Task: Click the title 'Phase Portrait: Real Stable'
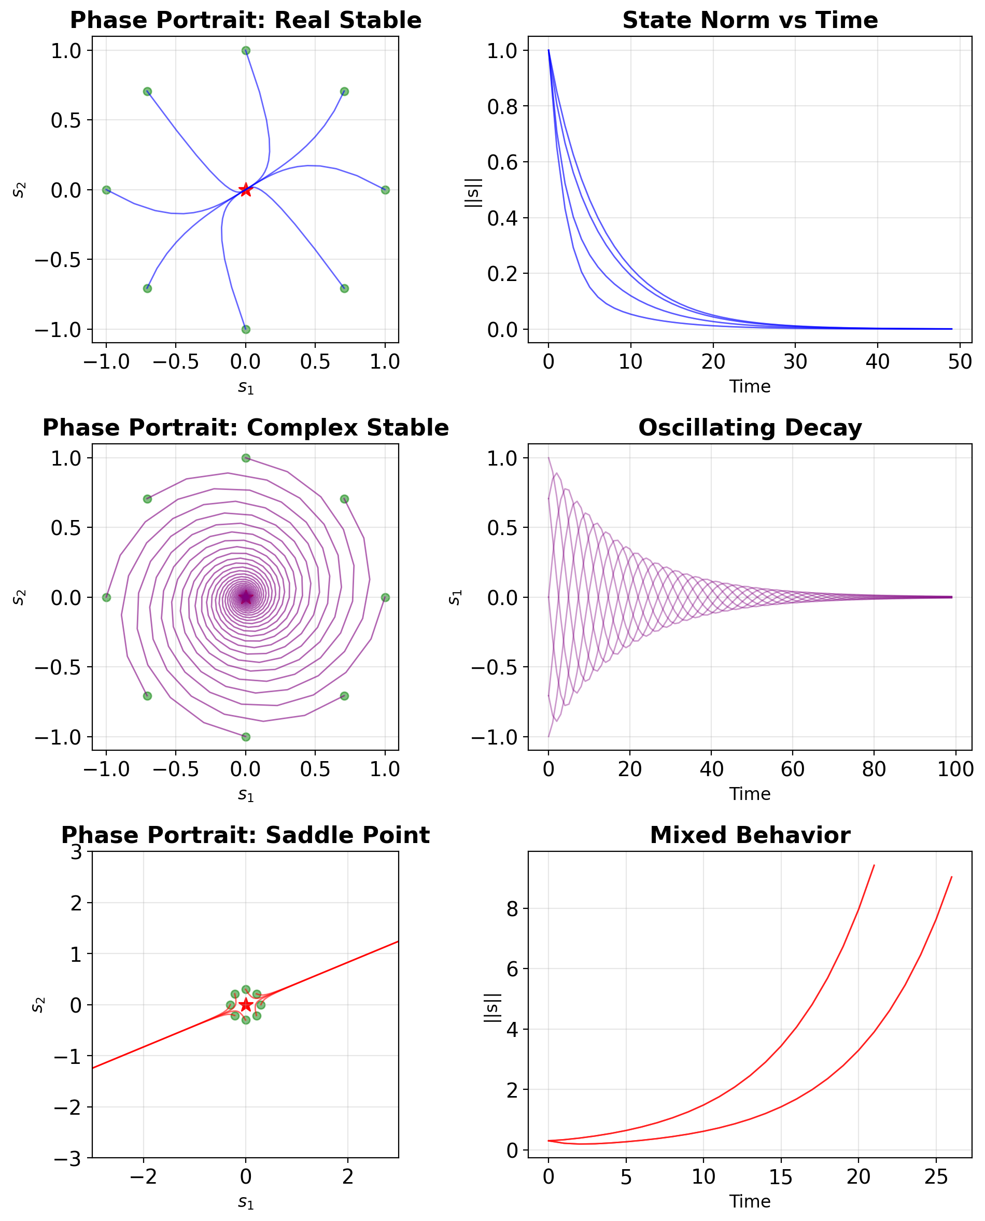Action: [245, 20]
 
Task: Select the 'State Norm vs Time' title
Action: [750, 20]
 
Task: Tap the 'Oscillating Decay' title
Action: [750, 428]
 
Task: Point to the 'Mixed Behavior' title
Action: [750, 835]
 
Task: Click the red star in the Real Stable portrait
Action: [245, 190]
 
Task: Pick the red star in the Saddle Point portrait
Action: [245, 1005]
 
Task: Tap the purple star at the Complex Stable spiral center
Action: [245, 597]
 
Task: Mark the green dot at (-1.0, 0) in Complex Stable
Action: [106, 597]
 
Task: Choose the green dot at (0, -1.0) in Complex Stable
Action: [245, 736]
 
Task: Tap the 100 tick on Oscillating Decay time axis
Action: [955, 769]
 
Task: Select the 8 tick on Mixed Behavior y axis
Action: [512, 909]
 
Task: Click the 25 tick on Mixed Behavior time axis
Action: [936, 1177]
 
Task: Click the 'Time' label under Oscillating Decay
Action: [750, 794]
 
